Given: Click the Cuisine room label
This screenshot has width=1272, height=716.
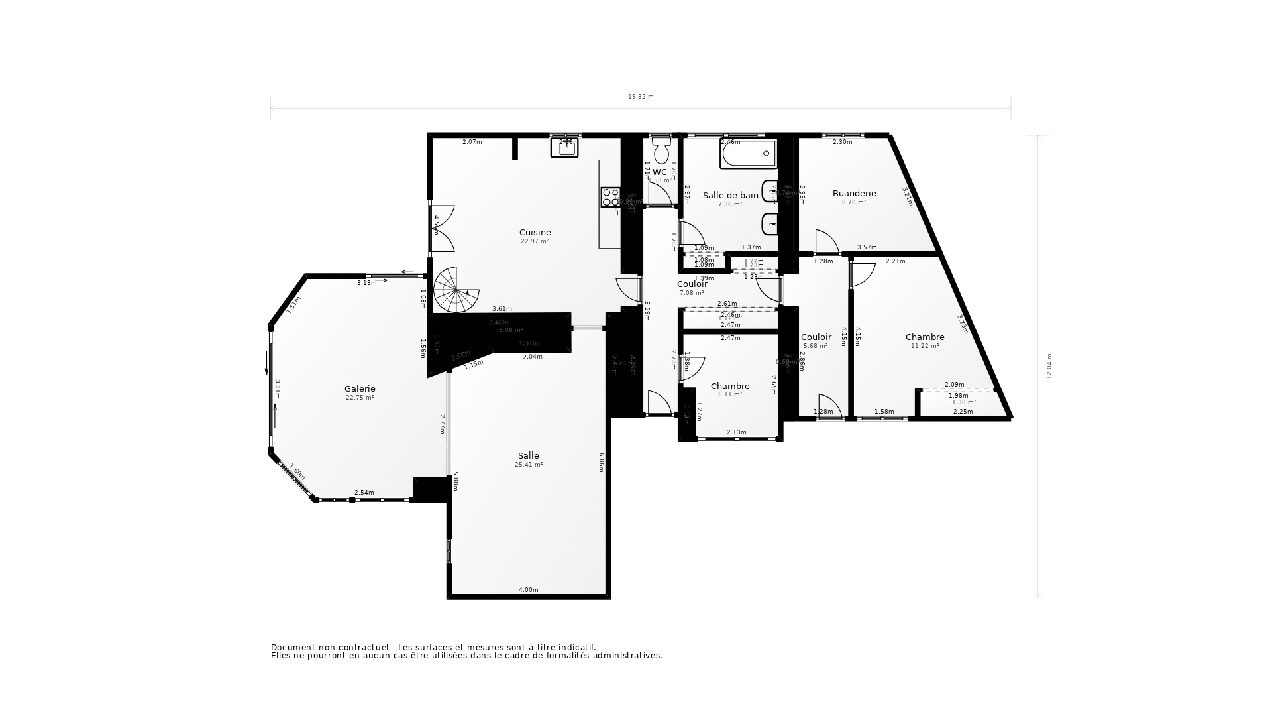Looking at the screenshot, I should [535, 233].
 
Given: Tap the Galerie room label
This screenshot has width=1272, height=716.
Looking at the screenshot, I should [360, 389].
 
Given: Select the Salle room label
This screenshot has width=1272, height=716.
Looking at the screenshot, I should [528, 456].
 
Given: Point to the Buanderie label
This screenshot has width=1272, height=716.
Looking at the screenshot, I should [854, 194].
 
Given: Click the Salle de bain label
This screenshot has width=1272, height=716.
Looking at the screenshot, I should [730, 196].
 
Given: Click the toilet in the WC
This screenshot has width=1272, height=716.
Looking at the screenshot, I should [661, 150].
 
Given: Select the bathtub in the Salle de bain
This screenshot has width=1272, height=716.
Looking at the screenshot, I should [748, 154].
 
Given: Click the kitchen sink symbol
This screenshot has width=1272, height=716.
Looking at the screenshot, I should [565, 147].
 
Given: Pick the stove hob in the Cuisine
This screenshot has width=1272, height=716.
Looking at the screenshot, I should [609, 197].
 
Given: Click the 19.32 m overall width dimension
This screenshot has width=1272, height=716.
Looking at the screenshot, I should [641, 97].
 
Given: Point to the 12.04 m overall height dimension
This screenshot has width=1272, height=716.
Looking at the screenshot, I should [1049, 366].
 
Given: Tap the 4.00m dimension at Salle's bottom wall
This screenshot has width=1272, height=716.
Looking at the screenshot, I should [528, 590].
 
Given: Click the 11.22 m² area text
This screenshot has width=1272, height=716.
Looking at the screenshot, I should [925, 346].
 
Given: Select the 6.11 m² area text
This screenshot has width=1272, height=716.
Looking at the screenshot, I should [729, 394].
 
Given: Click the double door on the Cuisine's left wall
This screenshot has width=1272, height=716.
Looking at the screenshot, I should [442, 228].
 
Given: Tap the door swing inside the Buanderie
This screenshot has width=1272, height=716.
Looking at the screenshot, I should [826, 242].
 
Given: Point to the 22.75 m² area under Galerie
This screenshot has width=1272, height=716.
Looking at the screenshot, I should [360, 398].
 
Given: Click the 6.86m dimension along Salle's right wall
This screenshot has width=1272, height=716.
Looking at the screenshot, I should [602, 462].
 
